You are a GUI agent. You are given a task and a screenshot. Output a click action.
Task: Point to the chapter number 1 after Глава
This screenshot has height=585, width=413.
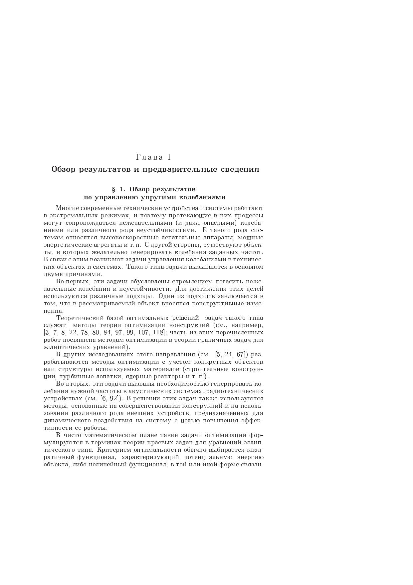point(169,157)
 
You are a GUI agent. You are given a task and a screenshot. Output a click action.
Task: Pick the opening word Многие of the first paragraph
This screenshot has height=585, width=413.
point(67,208)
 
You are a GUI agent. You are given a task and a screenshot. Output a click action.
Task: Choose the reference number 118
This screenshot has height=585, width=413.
point(158,332)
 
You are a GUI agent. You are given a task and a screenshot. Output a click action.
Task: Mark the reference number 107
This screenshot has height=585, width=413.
point(143,332)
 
